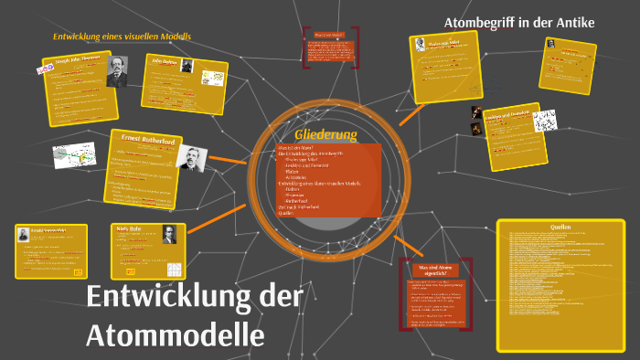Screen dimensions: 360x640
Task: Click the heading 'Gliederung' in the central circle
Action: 325,134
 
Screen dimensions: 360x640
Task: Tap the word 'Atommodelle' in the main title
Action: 176,334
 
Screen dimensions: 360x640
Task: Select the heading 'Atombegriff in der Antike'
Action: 518,22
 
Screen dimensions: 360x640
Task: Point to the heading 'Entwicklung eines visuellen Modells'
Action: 122,37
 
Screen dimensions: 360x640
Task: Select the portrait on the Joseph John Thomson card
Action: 116,74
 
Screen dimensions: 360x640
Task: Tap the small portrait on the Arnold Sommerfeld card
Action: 24,236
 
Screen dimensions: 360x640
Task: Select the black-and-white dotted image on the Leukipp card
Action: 545,120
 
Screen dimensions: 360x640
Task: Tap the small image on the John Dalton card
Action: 187,65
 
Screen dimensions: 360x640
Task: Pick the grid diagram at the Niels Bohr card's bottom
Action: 173,269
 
